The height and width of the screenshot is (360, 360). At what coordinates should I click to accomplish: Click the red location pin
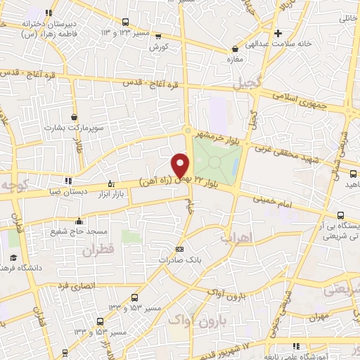181,165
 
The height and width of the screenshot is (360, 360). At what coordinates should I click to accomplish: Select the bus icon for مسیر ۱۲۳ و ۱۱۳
125,22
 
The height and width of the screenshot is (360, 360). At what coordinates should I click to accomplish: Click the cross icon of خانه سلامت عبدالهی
278,32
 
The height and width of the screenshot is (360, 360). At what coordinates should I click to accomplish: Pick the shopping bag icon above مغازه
236,49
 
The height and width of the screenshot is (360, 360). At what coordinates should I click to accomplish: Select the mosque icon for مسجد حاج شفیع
79,221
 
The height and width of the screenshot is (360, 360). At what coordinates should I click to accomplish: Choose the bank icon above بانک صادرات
179,249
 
